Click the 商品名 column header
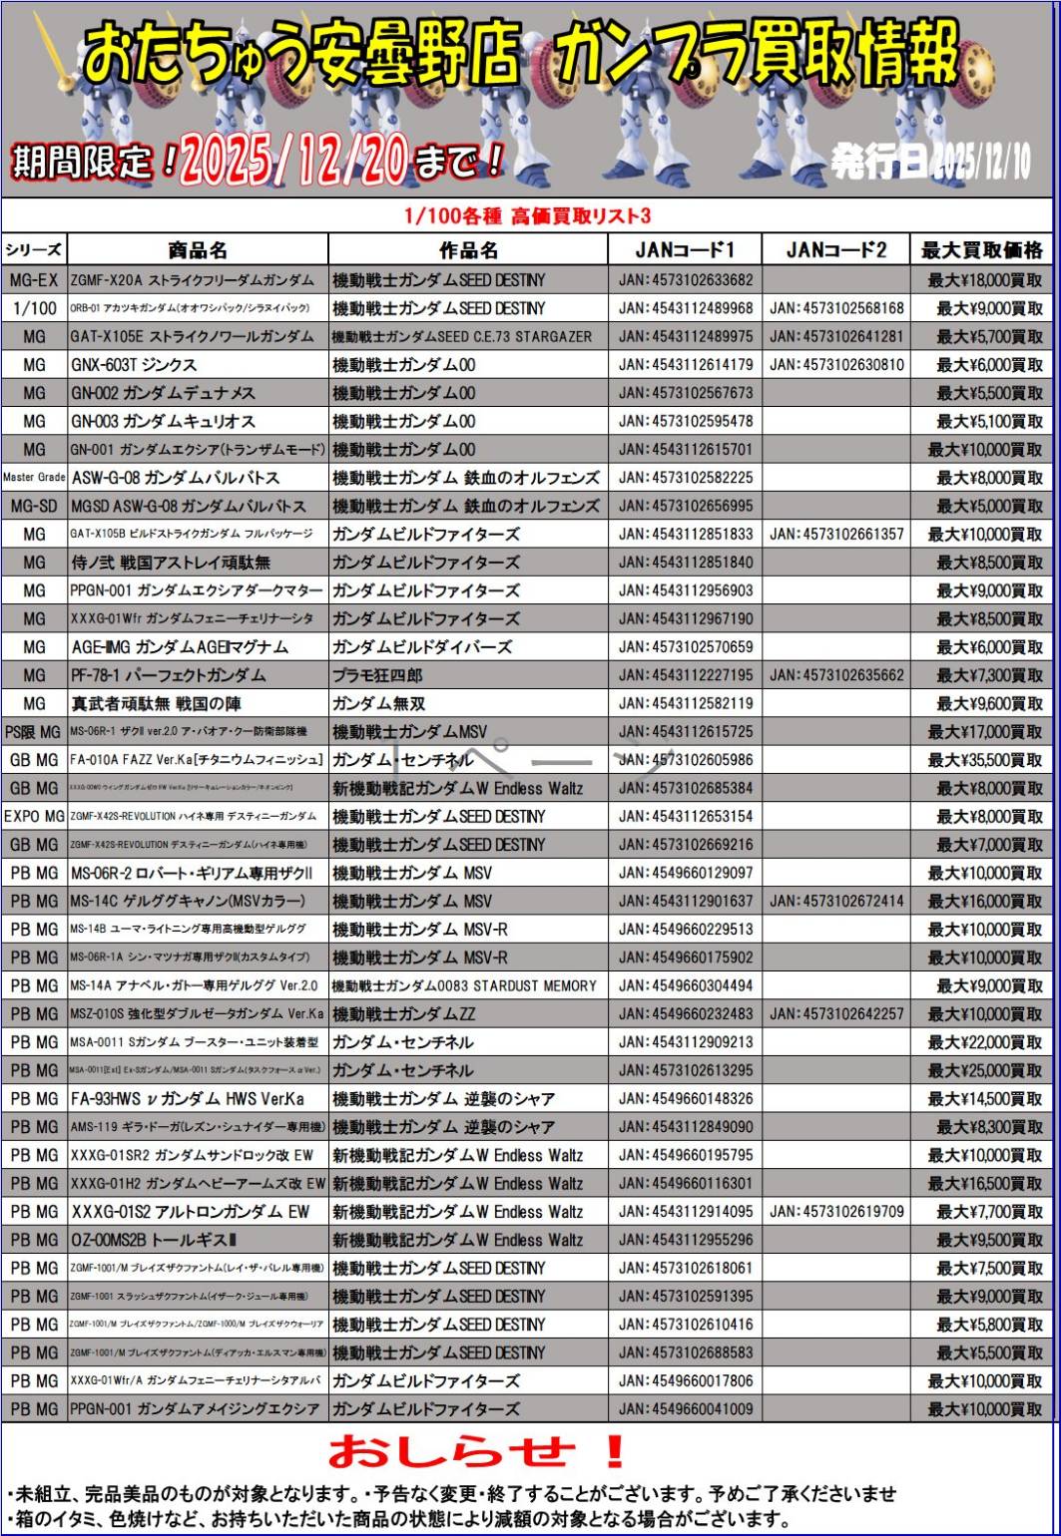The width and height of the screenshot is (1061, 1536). click(x=198, y=249)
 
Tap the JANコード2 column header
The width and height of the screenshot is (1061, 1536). click(x=835, y=249)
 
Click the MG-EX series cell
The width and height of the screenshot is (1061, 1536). click(x=34, y=280)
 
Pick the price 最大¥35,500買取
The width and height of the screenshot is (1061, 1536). click(x=984, y=760)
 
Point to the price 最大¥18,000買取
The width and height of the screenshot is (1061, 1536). click(x=984, y=280)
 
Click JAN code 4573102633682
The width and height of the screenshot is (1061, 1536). click(x=686, y=280)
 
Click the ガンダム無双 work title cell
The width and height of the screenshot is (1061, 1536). click(x=377, y=704)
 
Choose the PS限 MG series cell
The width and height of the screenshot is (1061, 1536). click(x=34, y=732)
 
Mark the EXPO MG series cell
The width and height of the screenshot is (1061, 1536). click(x=34, y=817)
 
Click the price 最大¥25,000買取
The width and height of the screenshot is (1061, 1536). click(x=984, y=1071)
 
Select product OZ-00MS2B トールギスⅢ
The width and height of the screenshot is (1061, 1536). click(x=154, y=1241)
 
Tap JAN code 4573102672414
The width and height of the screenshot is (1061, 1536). click(x=836, y=902)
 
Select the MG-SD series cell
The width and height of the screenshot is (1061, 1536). click(x=34, y=506)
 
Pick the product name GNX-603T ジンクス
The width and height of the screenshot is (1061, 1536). click(x=134, y=365)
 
